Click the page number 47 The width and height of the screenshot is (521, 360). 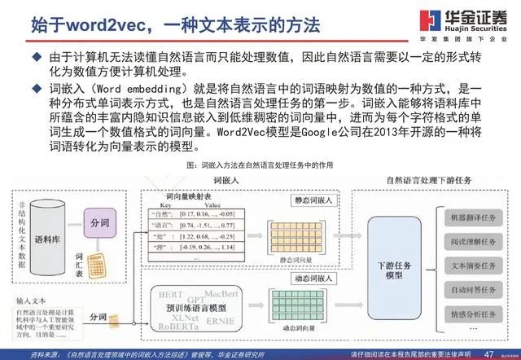tap(488, 353)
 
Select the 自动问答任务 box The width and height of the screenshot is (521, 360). tap(469, 289)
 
